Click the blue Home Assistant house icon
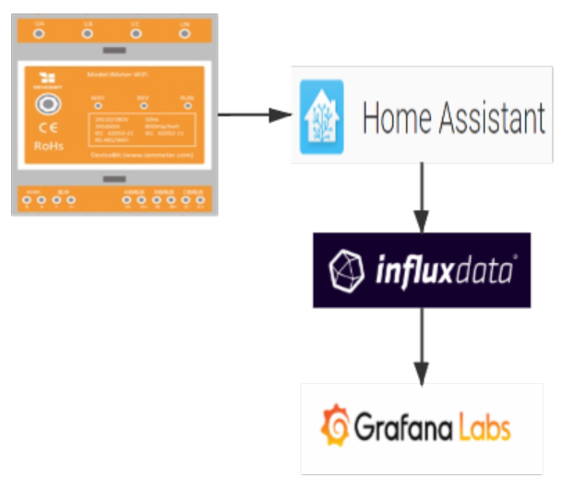[322, 116]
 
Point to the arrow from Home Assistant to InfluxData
[422, 198]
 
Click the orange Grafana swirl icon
[333, 427]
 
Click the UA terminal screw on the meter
[38, 33]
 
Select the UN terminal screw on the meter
[185, 33]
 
